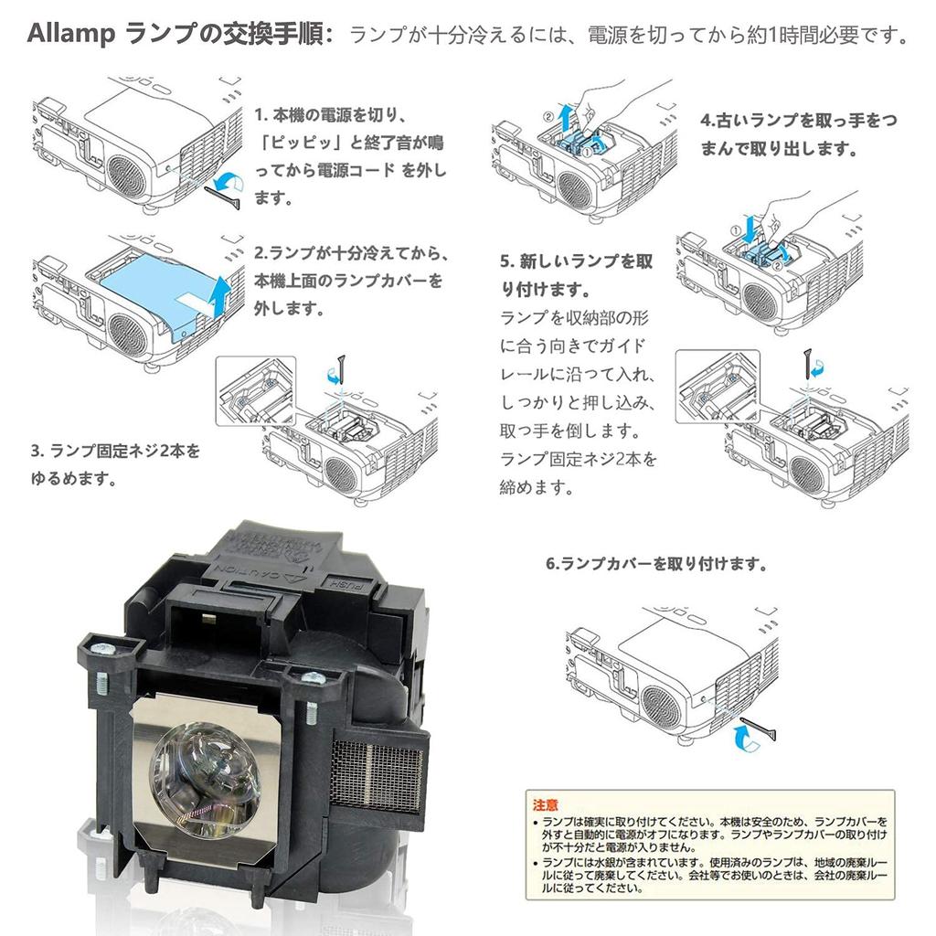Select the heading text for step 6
656,564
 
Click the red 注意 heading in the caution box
546,804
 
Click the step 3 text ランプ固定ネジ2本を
114,451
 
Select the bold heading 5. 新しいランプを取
576,262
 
